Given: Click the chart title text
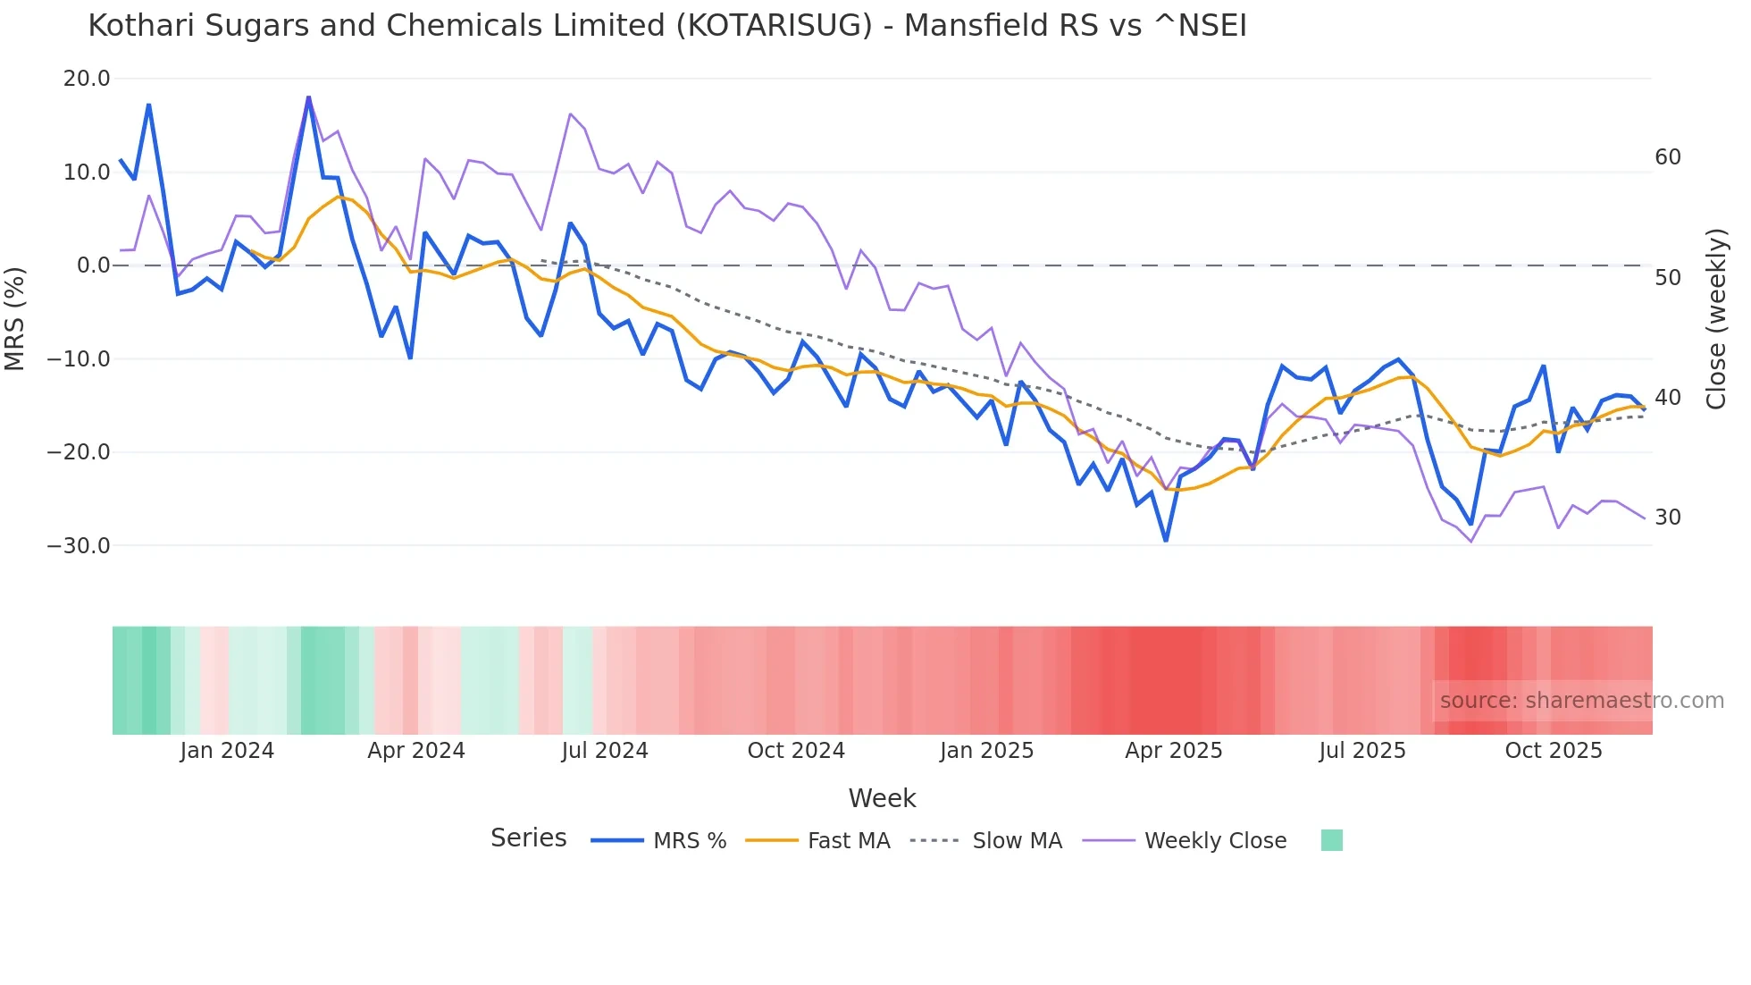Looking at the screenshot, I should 666,26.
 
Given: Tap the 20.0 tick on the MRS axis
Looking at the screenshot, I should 87,79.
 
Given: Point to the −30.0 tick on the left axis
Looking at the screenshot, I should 79,545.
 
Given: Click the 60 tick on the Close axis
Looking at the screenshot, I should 1667,157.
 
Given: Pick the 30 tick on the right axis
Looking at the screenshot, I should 1667,518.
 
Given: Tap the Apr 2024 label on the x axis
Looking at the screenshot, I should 416,751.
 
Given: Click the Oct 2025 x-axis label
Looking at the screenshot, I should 1554,751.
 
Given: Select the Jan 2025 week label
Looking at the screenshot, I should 986,751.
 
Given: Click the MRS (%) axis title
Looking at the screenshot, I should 15,318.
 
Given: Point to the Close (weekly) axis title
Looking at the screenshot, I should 1716,319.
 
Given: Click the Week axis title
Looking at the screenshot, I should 882,798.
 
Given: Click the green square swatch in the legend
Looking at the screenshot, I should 1331,840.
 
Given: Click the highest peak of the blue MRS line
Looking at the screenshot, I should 308,97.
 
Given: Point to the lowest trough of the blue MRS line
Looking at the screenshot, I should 1166,540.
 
